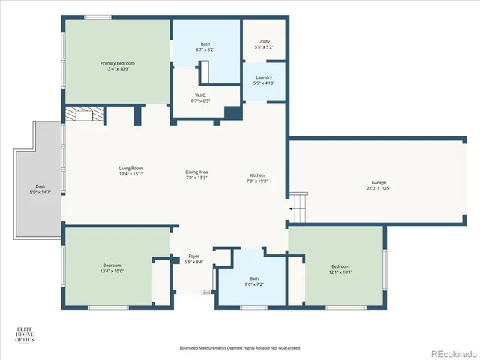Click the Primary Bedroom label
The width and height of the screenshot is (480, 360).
116,65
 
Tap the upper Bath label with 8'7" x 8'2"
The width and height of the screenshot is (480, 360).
205,46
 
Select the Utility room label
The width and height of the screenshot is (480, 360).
264,44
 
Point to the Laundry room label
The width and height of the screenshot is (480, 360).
264,79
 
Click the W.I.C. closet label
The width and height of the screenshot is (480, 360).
200,97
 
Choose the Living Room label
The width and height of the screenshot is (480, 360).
130,172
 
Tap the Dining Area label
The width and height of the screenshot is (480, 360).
196,175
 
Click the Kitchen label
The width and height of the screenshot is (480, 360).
257,178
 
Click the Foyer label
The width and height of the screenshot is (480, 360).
193,259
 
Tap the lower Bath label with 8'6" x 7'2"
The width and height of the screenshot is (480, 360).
254,282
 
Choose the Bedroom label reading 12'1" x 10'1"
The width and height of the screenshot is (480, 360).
340,269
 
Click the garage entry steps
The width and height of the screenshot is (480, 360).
299,204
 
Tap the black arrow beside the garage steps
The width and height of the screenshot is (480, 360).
291,208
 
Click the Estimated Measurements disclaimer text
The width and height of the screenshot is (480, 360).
240,348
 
